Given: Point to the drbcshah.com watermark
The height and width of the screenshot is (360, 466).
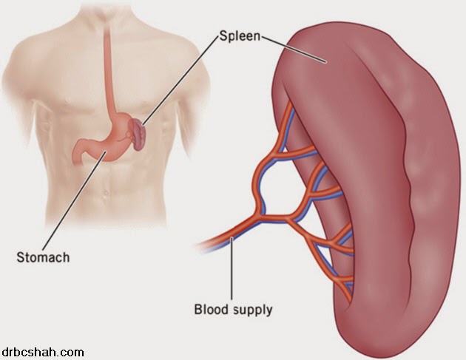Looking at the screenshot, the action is pos(42,353).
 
